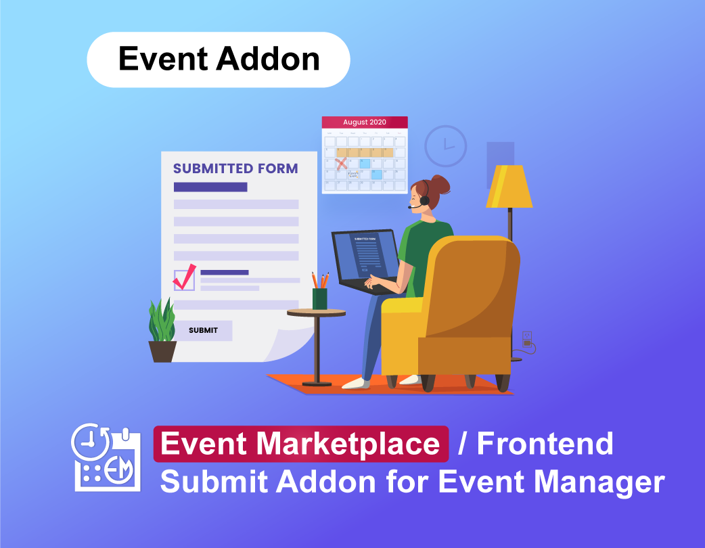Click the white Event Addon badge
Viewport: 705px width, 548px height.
(x=219, y=60)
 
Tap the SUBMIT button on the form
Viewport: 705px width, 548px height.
(x=203, y=330)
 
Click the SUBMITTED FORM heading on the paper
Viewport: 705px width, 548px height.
(x=235, y=168)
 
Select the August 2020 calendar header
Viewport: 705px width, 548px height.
(x=365, y=122)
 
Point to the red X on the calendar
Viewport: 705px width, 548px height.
(x=342, y=163)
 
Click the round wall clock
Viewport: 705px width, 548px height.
(x=445, y=145)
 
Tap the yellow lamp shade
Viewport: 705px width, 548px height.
(x=509, y=187)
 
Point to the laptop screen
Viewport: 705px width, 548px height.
(x=365, y=253)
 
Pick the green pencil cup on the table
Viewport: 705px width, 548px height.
(x=319, y=298)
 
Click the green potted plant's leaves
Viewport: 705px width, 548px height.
(x=162, y=321)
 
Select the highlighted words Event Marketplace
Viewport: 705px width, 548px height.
(x=300, y=444)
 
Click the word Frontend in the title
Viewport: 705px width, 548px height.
(x=545, y=444)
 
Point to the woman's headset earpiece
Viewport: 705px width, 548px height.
(x=424, y=200)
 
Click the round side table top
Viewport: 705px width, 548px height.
(x=316, y=313)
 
